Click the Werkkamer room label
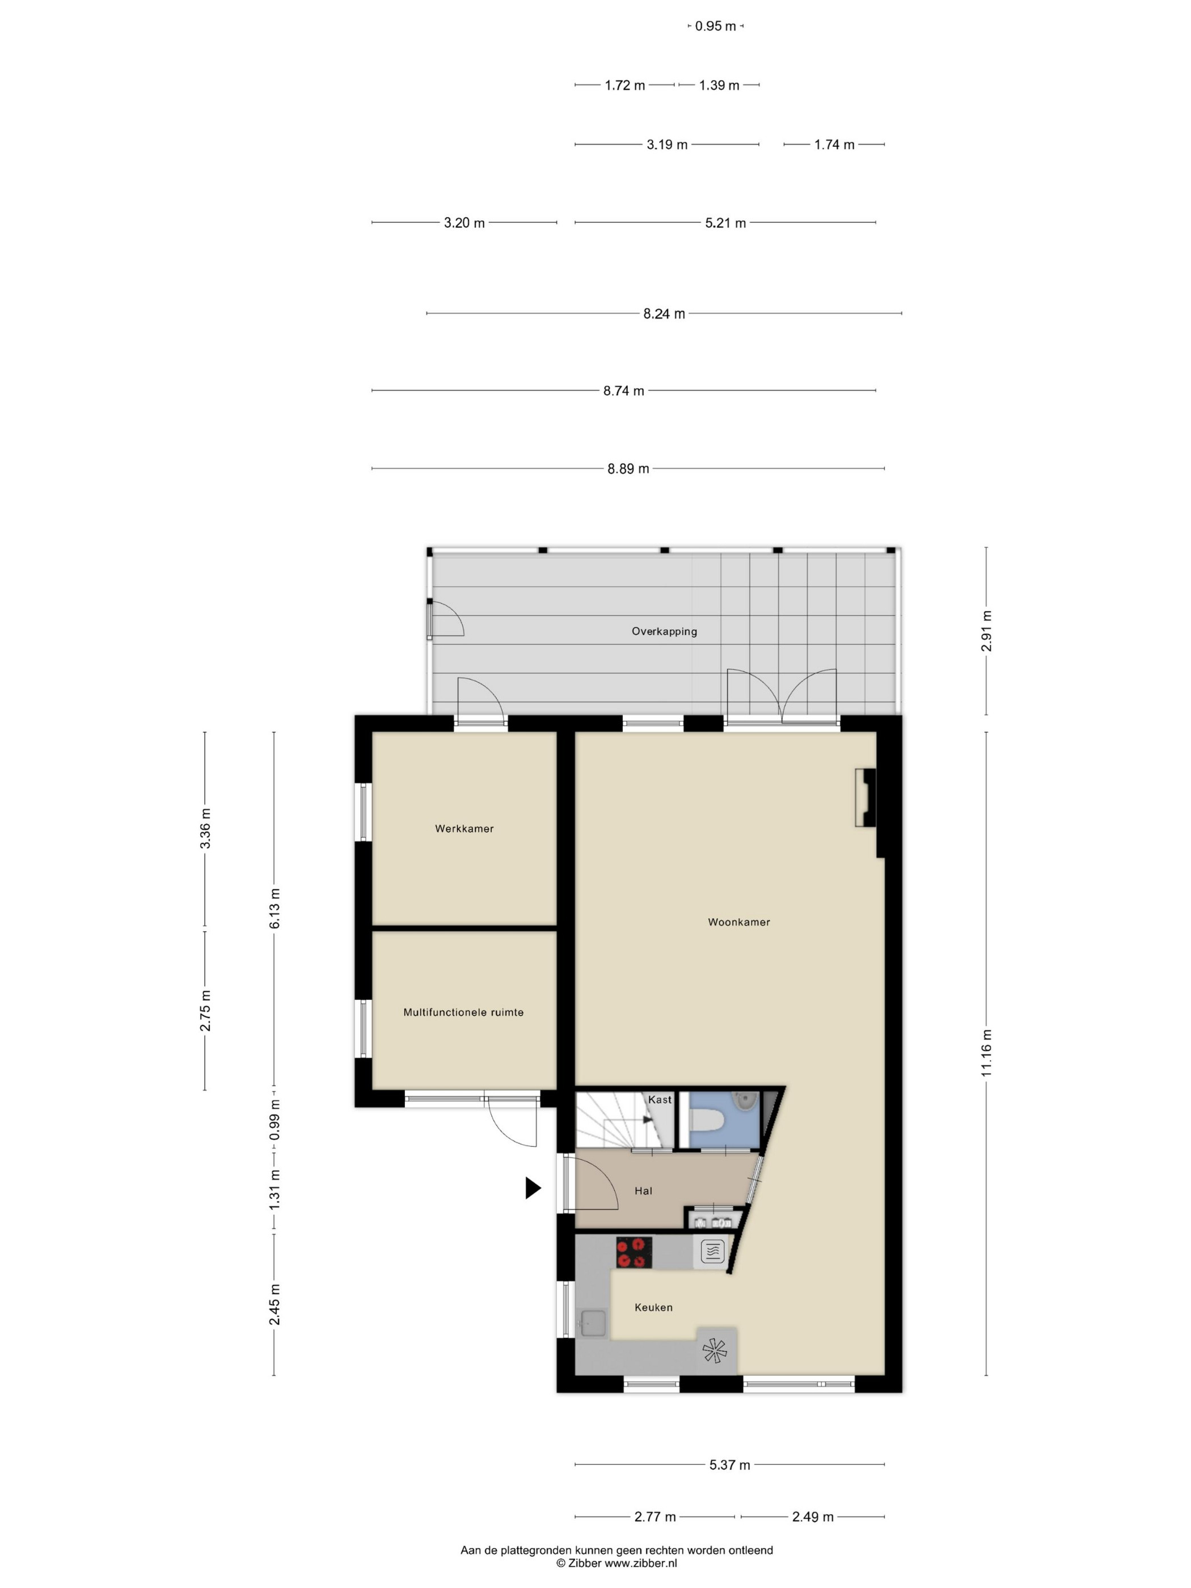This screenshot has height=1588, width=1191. [464, 829]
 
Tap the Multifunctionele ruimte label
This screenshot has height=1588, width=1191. [463, 1012]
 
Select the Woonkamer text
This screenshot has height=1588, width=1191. [739, 922]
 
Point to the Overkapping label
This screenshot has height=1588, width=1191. [664, 632]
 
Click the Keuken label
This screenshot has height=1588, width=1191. [653, 1307]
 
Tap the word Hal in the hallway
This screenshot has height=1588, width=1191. [643, 1191]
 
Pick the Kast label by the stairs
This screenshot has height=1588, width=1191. [660, 1100]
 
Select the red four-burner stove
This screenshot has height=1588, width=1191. [634, 1253]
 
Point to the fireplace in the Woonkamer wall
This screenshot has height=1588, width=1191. [865, 797]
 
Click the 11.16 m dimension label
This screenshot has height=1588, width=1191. [986, 1053]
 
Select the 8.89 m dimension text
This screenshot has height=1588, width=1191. [628, 469]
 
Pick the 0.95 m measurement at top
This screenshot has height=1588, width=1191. [716, 27]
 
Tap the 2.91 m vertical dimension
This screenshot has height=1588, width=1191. [986, 631]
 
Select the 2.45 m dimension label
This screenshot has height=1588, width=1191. [274, 1305]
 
